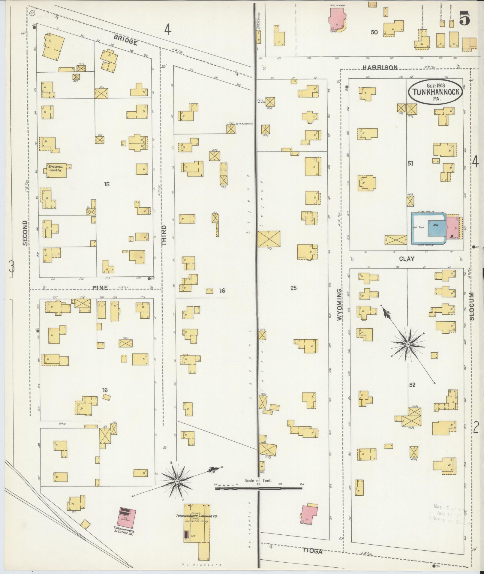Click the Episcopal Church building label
(55, 168)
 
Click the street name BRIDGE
(126, 40)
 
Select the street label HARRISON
(380, 68)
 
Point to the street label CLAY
(407, 259)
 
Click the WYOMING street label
(339, 305)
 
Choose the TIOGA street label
(312, 551)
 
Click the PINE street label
(100, 288)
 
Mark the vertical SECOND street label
(25, 233)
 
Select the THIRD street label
(164, 236)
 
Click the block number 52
(412, 385)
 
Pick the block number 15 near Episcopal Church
(107, 184)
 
